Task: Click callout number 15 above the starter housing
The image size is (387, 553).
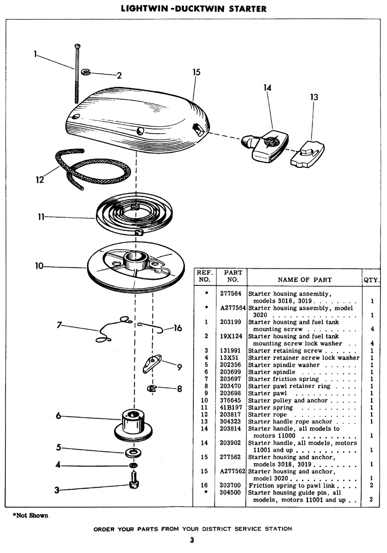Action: (x=196, y=72)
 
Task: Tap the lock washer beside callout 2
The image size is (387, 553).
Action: (x=86, y=72)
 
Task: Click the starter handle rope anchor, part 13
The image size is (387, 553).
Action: (x=307, y=154)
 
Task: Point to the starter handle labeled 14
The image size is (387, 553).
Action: (x=265, y=145)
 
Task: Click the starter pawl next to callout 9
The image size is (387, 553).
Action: (x=152, y=363)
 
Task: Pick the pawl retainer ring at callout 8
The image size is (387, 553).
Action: (x=152, y=389)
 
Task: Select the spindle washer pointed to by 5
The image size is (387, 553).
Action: (x=133, y=452)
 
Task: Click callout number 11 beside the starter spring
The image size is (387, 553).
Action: (x=41, y=217)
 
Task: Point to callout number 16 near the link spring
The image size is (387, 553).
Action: (x=177, y=328)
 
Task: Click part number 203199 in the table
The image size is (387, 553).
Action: (x=230, y=322)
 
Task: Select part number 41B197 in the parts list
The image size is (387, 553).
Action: (x=231, y=407)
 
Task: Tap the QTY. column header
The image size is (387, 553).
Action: (x=372, y=280)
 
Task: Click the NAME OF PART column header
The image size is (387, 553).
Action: (x=305, y=279)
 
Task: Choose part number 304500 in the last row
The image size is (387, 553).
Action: (x=230, y=492)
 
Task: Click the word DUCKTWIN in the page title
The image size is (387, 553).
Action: (x=200, y=8)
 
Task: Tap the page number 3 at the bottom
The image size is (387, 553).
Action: (x=192, y=540)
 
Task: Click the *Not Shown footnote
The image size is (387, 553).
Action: (x=30, y=515)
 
